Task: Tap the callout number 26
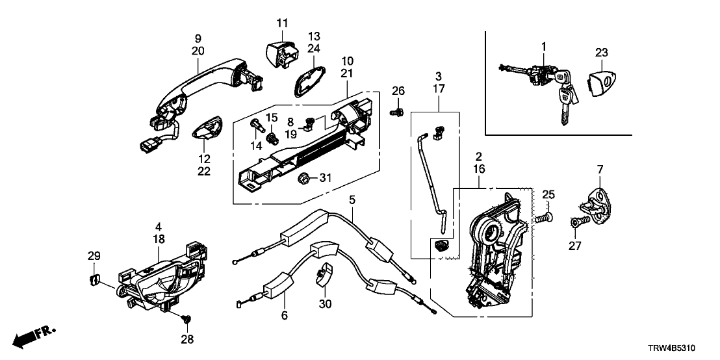pyautogui.click(x=398, y=90)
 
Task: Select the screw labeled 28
pyautogui.click(x=187, y=319)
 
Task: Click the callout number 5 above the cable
pyautogui.click(x=352, y=200)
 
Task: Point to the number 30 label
pyautogui.click(x=325, y=303)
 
